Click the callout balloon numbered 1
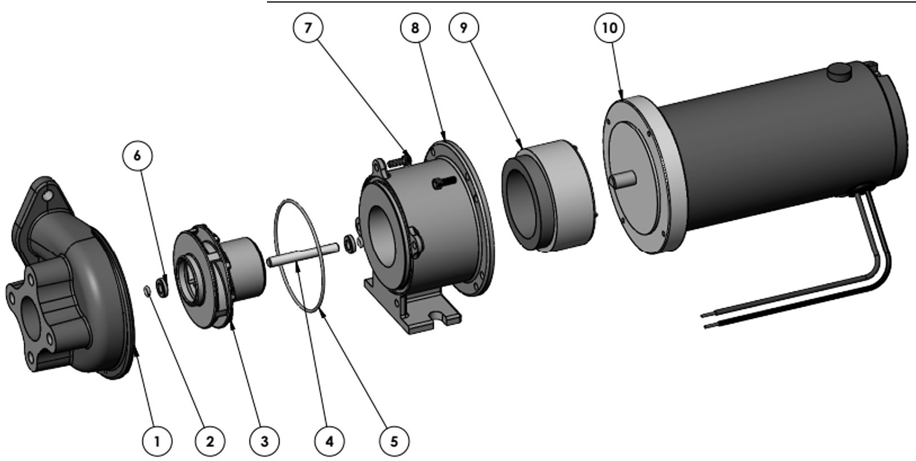click(x=157, y=441)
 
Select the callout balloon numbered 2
click(x=210, y=441)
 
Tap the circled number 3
click(x=265, y=441)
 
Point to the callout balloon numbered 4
click(x=330, y=441)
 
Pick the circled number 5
click(x=394, y=441)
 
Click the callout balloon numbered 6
click(x=137, y=156)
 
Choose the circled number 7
click(x=308, y=28)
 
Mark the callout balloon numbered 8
click(x=415, y=28)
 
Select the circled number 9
click(x=464, y=28)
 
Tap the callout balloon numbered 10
click(x=610, y=28)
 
